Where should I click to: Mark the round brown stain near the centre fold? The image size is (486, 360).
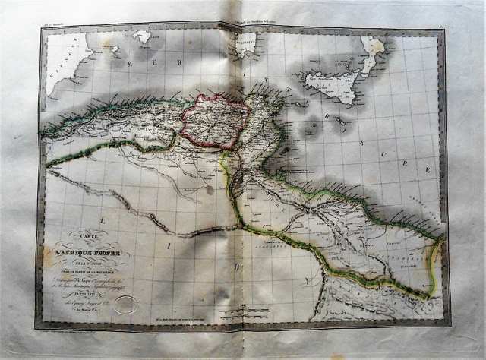(210, 191)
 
